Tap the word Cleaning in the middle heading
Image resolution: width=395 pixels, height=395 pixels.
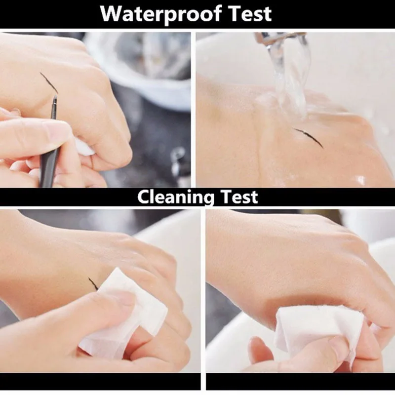(x=176, y=197)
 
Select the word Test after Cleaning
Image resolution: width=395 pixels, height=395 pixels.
(x=239, y=197)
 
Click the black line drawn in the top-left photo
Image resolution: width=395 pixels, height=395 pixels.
(x=48, y=82)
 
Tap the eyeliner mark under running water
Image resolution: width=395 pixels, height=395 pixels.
(x=309, y=138)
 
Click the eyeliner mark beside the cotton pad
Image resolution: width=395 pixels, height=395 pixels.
(x=93, y=283)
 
